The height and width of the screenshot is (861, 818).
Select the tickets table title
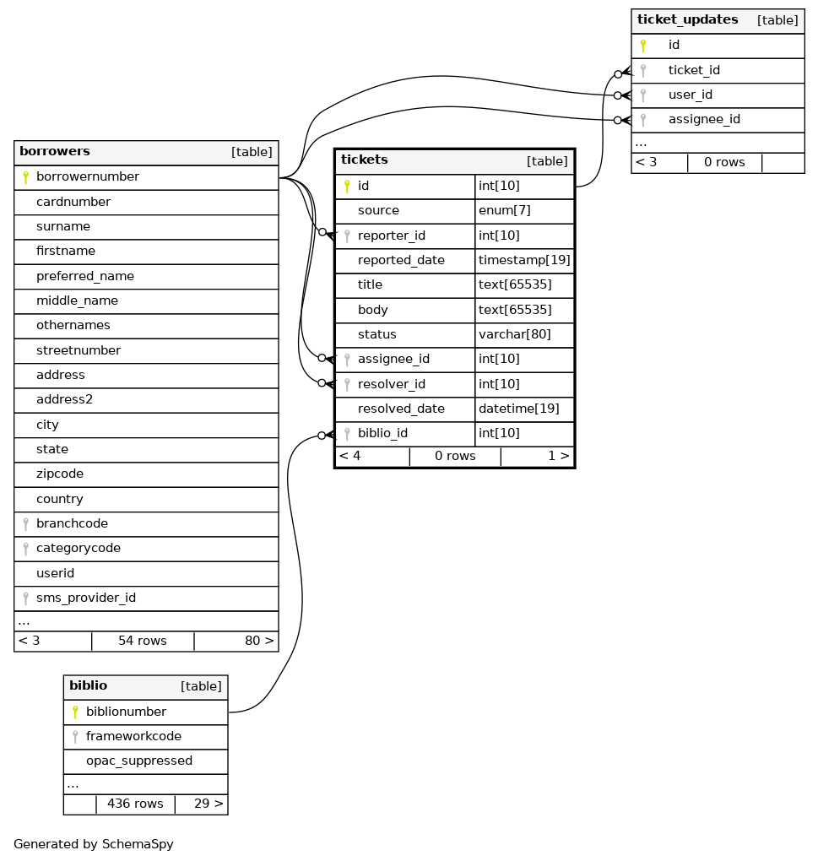(x=365, y=160)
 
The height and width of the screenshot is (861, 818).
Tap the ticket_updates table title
(x=687, y=20)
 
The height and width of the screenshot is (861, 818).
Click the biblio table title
(x=88, y=686)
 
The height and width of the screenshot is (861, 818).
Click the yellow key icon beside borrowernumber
(x=25, y=177)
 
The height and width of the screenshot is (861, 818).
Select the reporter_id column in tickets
(x=391, y=236)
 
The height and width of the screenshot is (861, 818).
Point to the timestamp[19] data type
(x=524, y=261)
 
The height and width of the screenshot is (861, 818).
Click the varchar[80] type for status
(x=514, y=335)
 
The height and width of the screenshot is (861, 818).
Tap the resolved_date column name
(x=401, y=409)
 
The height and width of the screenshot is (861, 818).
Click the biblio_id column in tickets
(x=382, y=434)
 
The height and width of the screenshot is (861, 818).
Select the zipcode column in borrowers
(x=60, y=474)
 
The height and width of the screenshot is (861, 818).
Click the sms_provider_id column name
(x=86, y=598)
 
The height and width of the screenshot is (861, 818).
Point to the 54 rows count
(x=143, y=642)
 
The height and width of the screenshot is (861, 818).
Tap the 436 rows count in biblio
(x=135, y=804)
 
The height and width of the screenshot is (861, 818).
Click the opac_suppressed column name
(x=139, y=761)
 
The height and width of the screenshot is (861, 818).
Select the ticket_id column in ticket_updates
(x=694, y=71)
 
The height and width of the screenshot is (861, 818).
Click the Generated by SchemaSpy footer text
(x=94, y=844)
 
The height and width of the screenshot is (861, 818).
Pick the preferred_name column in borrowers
(x=85, y=276)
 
